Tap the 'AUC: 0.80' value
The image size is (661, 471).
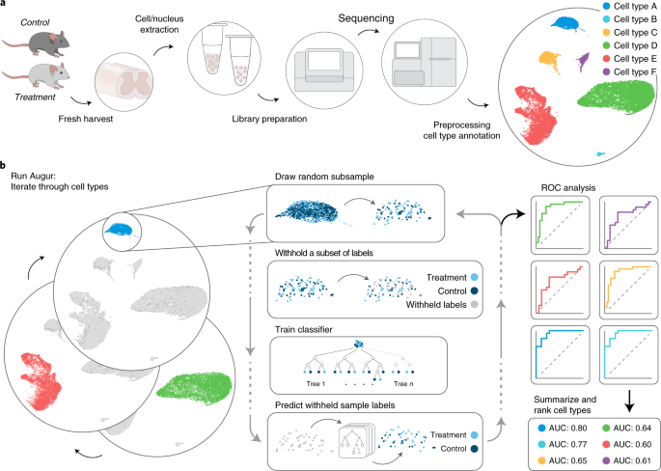pos(564,426)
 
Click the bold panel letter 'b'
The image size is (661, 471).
pos(6,167)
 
